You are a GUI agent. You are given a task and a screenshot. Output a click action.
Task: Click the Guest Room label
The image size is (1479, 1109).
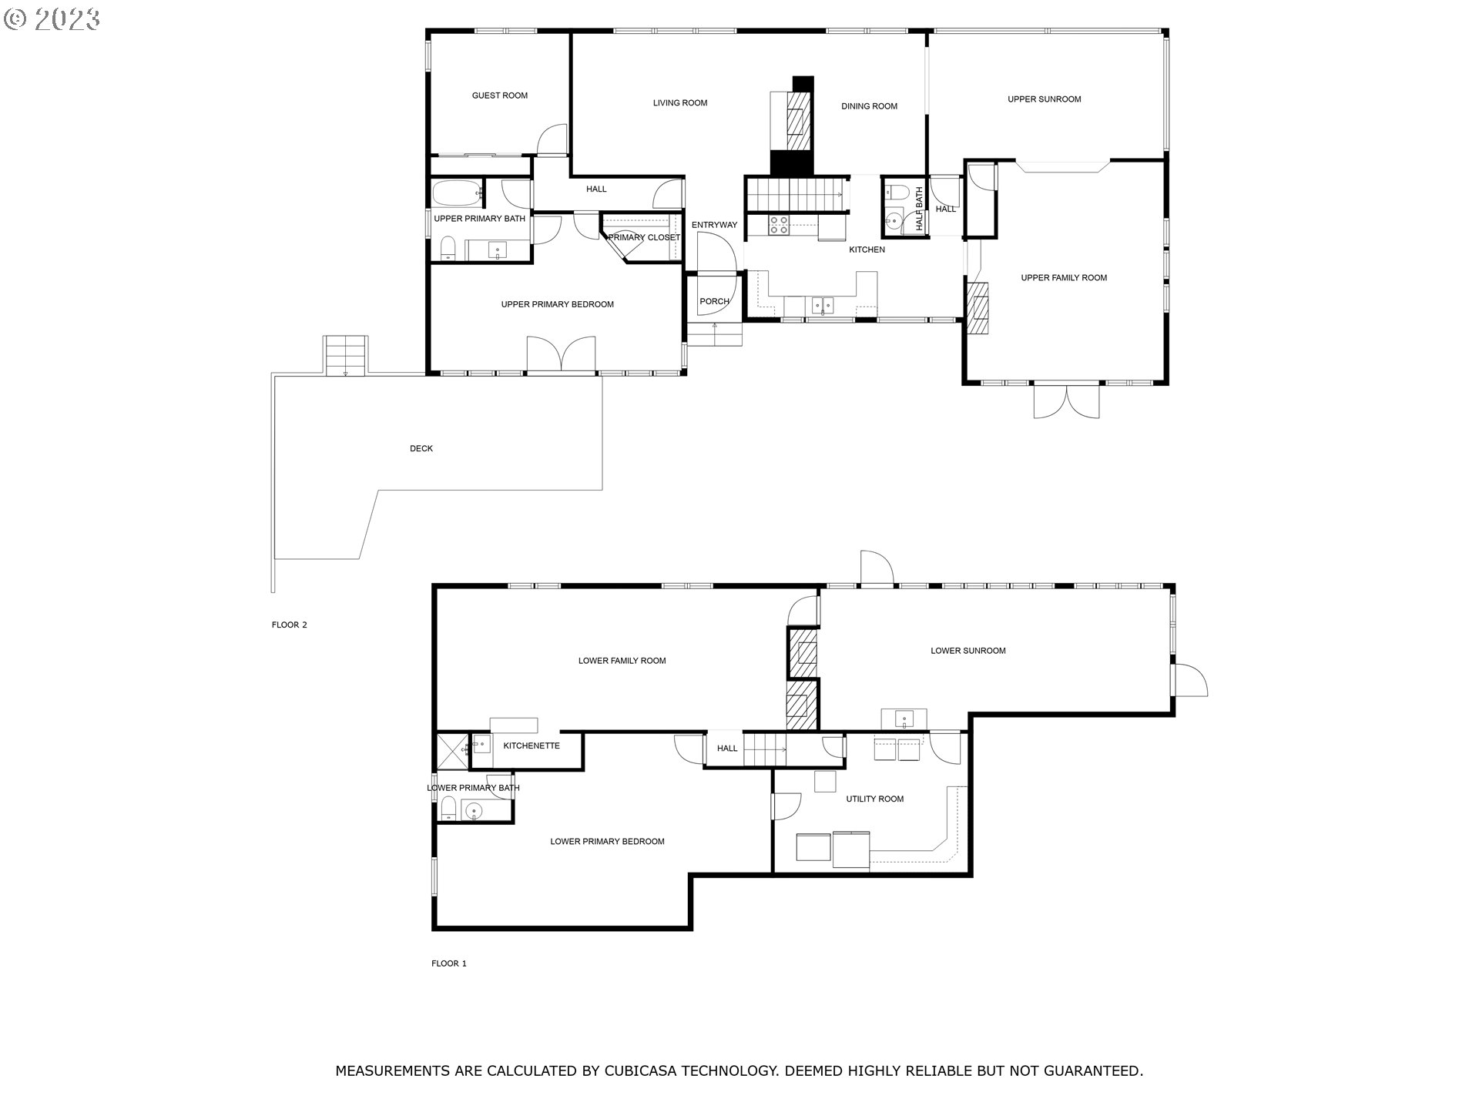tap(500, 95)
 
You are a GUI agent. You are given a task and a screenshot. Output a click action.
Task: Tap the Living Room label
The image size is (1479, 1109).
tap(680, 103)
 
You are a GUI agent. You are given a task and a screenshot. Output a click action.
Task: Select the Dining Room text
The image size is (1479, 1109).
tap(869, 106)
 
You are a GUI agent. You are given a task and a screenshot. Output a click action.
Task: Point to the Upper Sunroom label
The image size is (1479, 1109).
tap(1045, 99)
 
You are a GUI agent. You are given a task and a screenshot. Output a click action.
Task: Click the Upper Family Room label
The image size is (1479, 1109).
tap(1064, 278)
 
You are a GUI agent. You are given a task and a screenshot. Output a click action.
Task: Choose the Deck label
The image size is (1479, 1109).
tap(421, 448)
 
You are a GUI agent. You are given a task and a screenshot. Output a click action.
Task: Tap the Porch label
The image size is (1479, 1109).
tap(714, 301)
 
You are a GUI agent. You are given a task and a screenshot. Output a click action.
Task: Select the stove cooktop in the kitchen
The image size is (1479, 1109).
tap(779, 224)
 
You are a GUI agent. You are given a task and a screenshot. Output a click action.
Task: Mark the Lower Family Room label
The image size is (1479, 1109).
tap(622, 661)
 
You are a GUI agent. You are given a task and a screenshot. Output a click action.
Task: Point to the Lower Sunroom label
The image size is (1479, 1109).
tap(968, 651)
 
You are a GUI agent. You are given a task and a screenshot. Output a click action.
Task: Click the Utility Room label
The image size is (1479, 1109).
tap(875, 799)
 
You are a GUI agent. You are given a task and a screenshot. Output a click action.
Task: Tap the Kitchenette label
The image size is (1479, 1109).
tap(532, 745)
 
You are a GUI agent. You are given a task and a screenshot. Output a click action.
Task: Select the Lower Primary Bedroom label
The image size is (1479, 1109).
tap(607, 842)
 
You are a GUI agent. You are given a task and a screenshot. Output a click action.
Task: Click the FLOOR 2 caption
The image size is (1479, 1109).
tap(290, 625)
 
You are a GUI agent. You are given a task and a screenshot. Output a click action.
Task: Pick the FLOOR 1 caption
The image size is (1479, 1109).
tap(449, 963)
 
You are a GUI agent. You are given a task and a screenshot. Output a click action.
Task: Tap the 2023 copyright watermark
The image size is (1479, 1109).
tap(52, 19)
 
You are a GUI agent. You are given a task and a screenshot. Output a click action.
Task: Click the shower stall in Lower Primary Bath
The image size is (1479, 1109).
tap(452, 751)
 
